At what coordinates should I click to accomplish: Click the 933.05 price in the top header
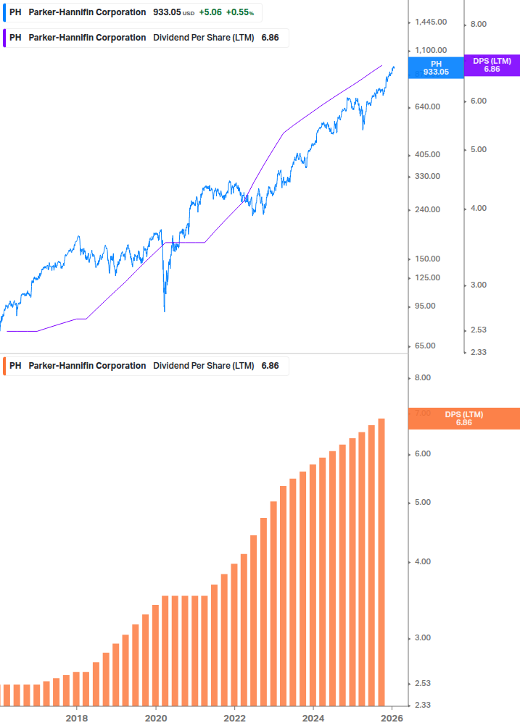[167, 12]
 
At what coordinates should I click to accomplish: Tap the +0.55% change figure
[240, 12]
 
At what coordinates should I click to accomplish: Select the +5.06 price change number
[210, 12]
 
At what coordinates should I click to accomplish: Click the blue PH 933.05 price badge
[436, 68]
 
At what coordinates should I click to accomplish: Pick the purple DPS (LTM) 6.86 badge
[492, 65]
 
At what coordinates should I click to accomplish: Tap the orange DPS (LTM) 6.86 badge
[463, 418]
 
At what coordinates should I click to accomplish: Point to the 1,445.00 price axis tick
[429, 22]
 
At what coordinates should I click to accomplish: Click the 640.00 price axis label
[427, 106]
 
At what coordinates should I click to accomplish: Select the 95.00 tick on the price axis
[425, 306]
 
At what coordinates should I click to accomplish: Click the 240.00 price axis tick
[427, 209]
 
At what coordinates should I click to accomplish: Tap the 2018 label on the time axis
[77, 718]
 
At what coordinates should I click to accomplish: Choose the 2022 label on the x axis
[234, 718]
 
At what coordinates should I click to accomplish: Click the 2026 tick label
[392, 718]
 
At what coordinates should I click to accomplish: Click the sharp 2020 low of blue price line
[165, 311]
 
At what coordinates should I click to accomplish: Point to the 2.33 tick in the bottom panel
[422, 705]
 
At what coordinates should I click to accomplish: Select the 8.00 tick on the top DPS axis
[478, 24]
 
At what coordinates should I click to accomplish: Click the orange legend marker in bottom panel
[5, 366]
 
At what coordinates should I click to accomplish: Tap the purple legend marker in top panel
[5, 38]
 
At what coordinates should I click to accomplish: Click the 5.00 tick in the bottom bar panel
[422, 502]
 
